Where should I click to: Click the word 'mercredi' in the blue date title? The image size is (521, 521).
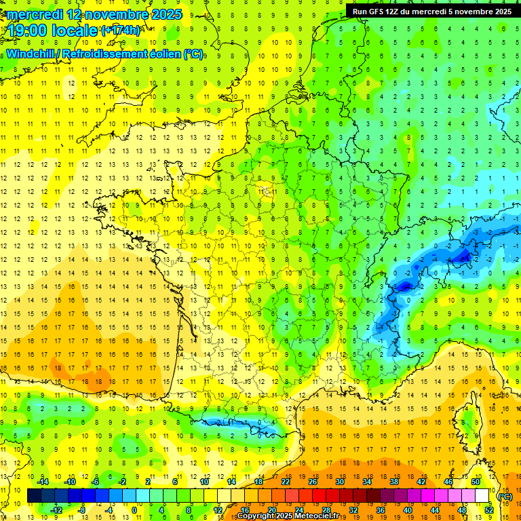click(33, 14)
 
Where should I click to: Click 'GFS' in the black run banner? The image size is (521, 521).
click(381, 12)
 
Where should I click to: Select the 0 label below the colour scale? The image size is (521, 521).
click(134, 510)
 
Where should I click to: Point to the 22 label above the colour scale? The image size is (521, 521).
click(286, 482)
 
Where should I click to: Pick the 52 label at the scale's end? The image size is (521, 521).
click(488, 510)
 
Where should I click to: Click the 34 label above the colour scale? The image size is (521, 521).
click(367, 482)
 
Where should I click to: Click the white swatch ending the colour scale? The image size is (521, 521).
click(482, 496)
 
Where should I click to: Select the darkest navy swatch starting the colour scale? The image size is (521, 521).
click(35, 496)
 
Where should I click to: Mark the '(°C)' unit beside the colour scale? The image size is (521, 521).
click(505, 497)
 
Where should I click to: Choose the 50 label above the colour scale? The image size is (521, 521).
click(476, 482)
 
